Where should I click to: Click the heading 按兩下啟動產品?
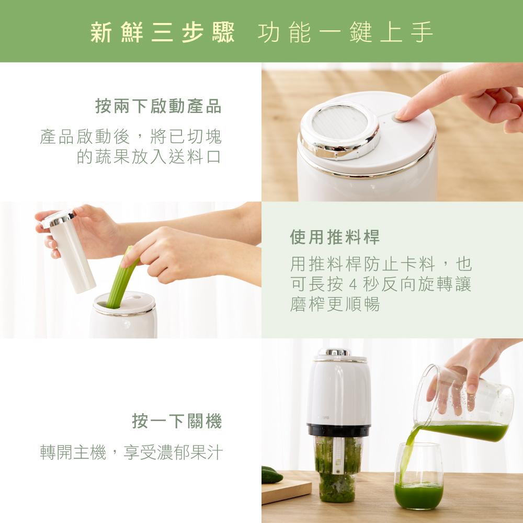[158, 106]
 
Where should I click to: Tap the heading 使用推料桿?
[335, 237]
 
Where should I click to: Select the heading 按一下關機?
[177, 421]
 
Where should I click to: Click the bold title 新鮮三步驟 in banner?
[163, 32]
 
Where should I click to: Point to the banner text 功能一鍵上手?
[346, 32]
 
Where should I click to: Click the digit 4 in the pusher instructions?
[353, 285]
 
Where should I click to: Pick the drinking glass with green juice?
[418, 476]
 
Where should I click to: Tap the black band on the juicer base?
[338, 430]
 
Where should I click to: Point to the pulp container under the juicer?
[337, 469]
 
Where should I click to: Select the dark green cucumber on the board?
[271, 475]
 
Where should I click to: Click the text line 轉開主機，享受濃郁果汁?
[131, 452]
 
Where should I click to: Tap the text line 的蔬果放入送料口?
[149, 157]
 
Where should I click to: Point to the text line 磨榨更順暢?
[335, 304]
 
